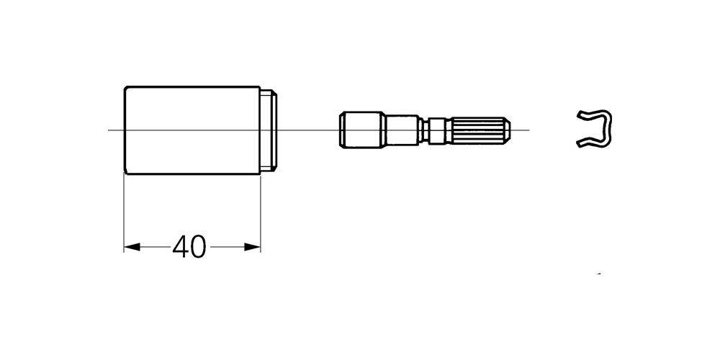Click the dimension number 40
189,247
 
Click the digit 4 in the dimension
181,247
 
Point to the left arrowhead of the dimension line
132,247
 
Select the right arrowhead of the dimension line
253,247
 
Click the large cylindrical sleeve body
192,130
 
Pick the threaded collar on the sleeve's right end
269,130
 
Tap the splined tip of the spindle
480,130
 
